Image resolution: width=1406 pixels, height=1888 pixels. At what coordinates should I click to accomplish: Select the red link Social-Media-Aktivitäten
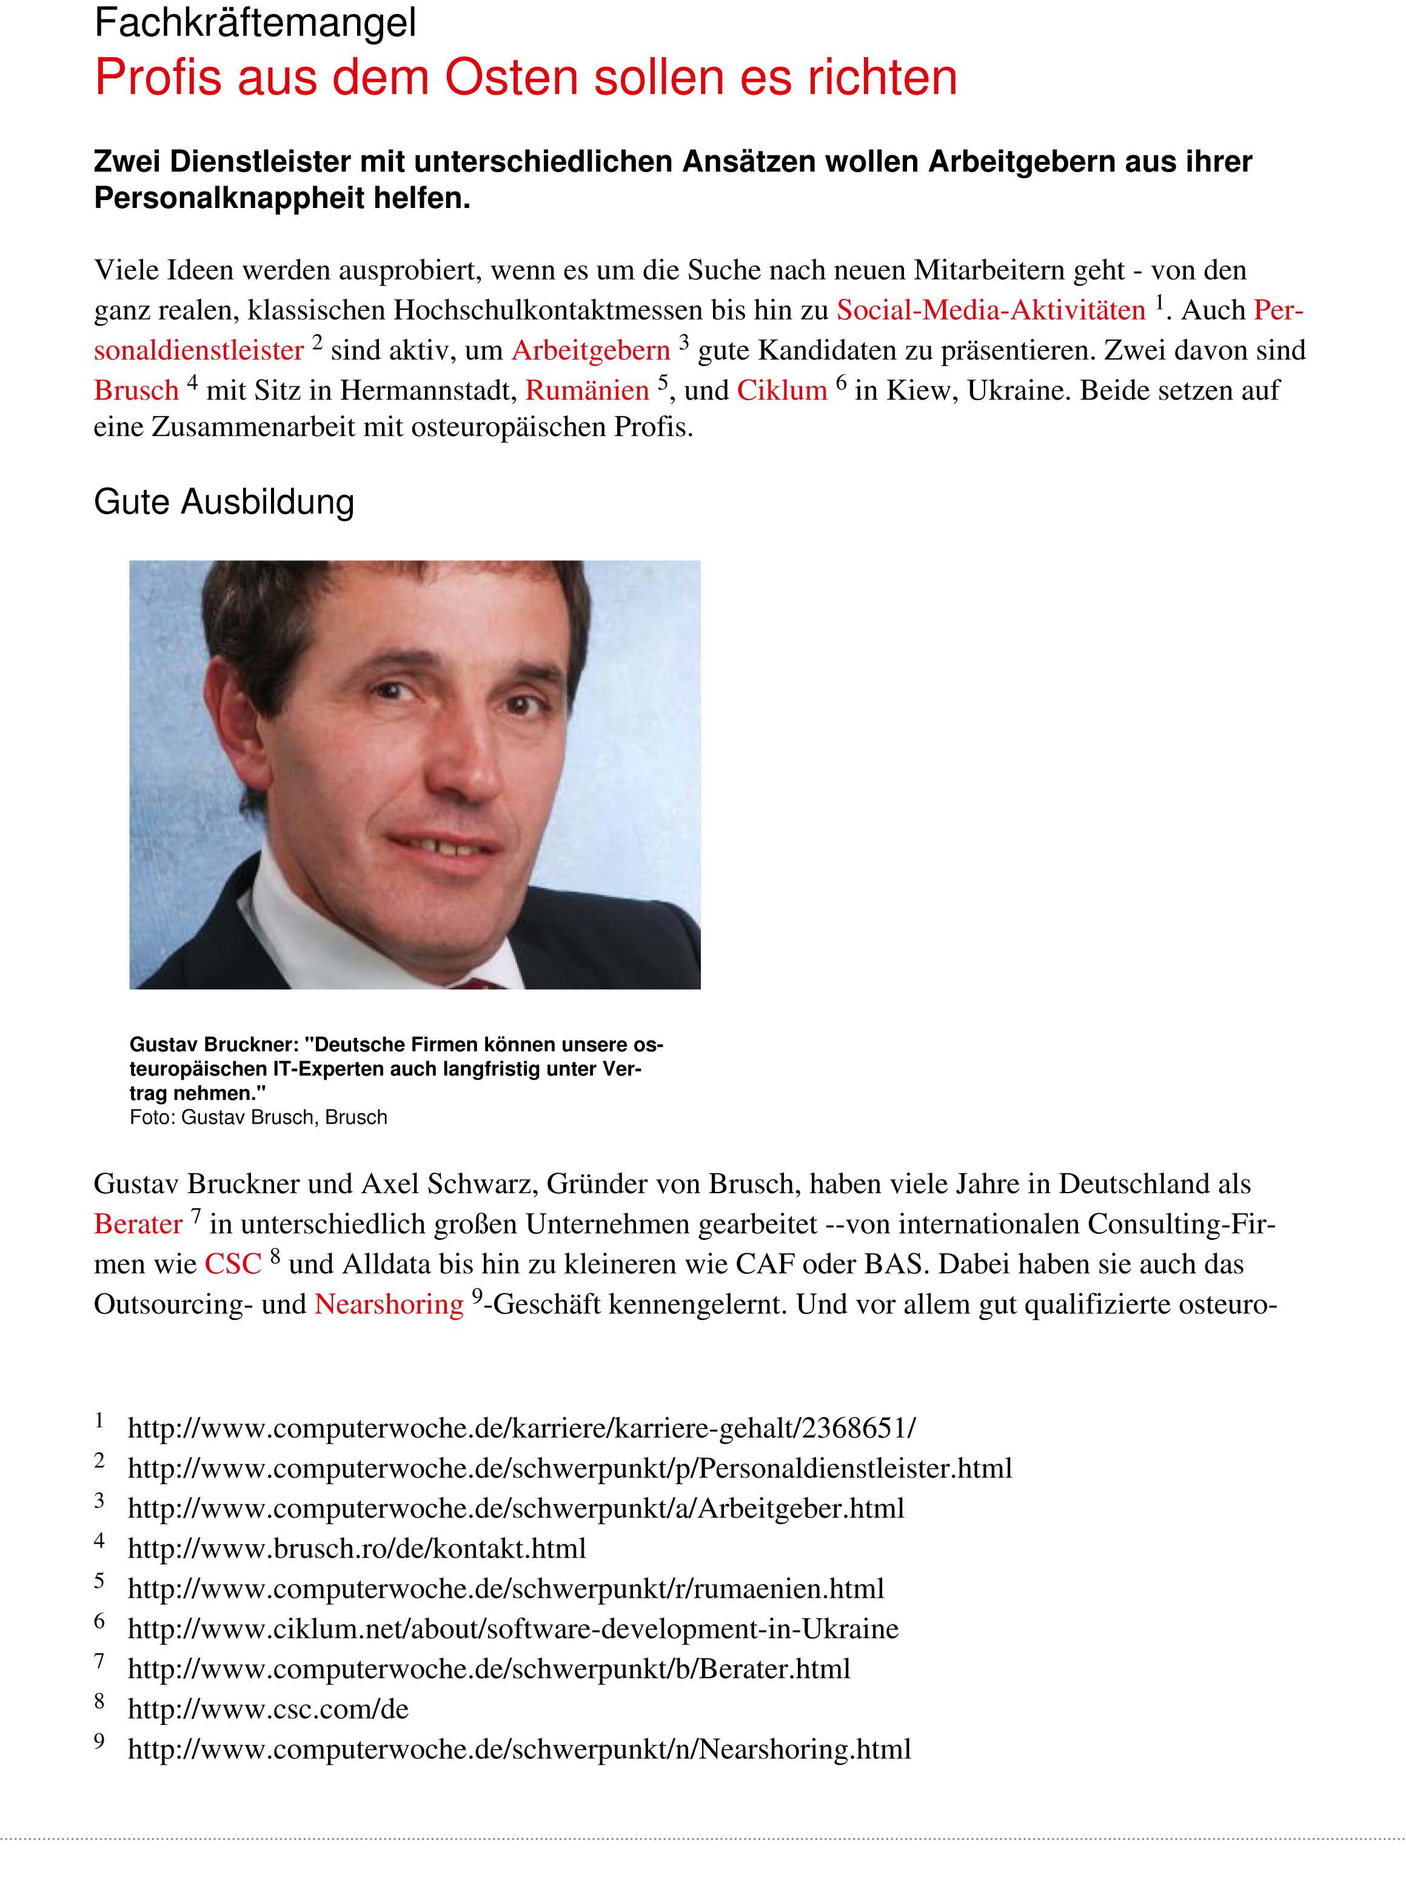click(991, 310)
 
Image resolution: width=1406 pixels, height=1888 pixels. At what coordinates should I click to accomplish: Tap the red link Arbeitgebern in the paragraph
click(591, 350)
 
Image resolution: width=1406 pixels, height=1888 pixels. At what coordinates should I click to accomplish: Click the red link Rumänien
click(588, 390)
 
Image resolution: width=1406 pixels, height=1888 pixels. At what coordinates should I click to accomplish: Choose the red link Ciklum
click(782, 390)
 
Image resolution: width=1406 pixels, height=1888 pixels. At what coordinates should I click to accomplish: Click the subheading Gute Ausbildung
click(224, 502)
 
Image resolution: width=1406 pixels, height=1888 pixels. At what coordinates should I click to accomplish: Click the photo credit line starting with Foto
click(258, 1118)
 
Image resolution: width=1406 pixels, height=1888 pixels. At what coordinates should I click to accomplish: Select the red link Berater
click(138, 1224)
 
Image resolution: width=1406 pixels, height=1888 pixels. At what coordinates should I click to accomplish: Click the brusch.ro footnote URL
click(357, 1548)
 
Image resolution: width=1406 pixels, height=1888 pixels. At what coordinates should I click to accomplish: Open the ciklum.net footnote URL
click(513, 1629)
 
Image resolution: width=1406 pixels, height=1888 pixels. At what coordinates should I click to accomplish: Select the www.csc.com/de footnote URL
click(268, 1709)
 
